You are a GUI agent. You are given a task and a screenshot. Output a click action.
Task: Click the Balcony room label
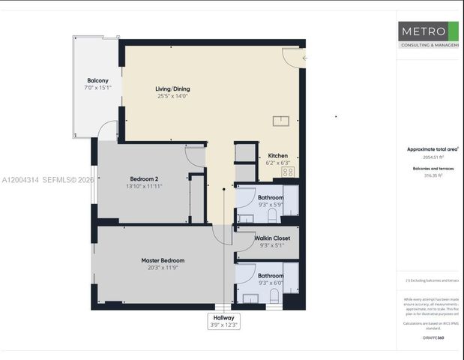(97, 80)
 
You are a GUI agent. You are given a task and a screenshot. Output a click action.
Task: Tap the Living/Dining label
(172, 88)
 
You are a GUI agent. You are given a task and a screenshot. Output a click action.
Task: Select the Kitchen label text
(277, 155)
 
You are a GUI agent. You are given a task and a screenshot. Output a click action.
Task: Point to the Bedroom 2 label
(144, 178)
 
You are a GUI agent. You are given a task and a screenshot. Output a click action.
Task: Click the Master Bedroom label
(163, 260)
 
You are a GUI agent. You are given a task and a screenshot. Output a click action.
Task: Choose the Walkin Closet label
(272, 238)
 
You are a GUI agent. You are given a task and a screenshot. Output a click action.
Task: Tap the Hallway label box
(223, 321)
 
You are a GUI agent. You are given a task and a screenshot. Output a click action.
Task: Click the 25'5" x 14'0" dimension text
(172, 96)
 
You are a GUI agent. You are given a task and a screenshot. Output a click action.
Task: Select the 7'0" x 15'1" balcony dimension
(97, 88)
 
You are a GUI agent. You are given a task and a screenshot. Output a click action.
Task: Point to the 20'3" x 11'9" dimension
(163, 268)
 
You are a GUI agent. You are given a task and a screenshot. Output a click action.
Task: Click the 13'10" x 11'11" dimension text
(144, 186)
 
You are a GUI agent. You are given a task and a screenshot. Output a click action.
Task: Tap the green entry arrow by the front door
(304, 58)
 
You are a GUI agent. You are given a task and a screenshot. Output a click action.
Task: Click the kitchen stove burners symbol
(287, 172)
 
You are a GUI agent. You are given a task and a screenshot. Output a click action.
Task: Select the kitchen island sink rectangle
(281, 118)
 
